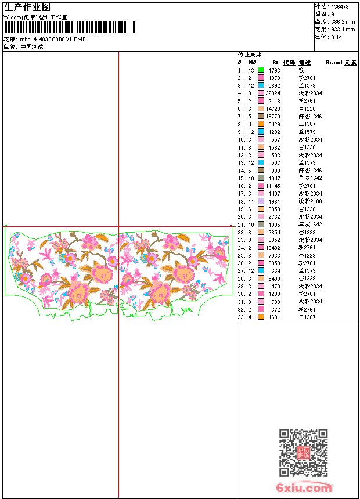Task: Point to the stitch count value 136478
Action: pyautogui.click(x=340, y=6)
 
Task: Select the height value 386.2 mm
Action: pyautogui.click(x=343, y=21)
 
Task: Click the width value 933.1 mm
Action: pyautogui.click(x=343, y=29)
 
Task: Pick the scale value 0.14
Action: pyautogui.click(x=337, y=37)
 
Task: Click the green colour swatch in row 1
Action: pyautogui.click(x=261, y=70)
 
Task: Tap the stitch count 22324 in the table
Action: pyautogui.click(x=273, y=93)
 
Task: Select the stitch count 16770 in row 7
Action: pyautogui.click(x=273, y=116)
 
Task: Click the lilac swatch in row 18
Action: pyautogui.click(x=261, y=201)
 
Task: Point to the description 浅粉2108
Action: pyautogui.click(x=311, y=201)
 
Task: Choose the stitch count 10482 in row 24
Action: pyautogui.click(x=273, y=248)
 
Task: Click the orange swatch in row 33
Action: pyautogui.click(x=261, y=317)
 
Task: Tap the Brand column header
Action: pyautogui.click(x=334, y=62)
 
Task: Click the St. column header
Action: pyautogui.click(x=276, y=62)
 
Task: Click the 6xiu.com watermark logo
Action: pyautogui.click(x=304, y=487)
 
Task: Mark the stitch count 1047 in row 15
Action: pyautogui.click(x=275, y=178)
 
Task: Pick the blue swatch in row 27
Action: pyautogui.click(x=261, y=271)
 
